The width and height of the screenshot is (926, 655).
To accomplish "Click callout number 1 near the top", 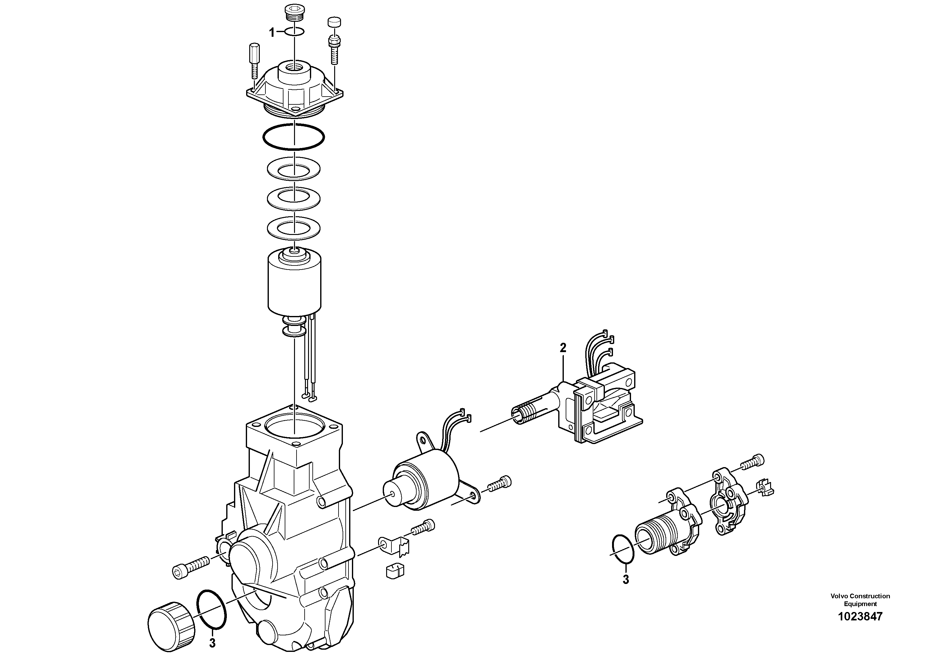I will (x=272, y=33).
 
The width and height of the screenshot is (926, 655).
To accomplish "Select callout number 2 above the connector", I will (x=563, y=348).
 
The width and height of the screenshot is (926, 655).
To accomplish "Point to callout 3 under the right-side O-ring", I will (x=625, y=580).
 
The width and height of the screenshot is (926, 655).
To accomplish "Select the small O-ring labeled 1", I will (x=294, y=32).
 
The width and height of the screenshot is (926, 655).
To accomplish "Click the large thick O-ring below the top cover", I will (x=294, y=137).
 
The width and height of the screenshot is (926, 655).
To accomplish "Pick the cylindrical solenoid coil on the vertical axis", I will (x=294, y=283).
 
